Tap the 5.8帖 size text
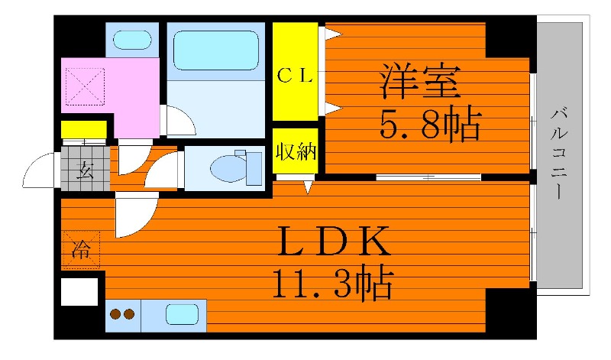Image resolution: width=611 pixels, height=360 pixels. [430, 125]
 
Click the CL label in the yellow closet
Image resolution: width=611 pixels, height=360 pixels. [294, 74]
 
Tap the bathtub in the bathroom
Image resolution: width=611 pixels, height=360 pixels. [215, 50]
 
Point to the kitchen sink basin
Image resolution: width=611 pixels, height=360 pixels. [183, 314]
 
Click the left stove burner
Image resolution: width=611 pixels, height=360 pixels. [116, 314]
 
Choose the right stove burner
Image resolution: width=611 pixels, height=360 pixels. [129, 314]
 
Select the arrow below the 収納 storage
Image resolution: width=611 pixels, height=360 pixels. [308, 186]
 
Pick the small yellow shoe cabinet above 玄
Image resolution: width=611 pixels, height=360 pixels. [83, 129]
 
